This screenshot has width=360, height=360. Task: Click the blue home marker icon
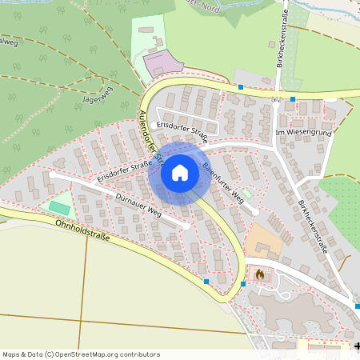click(x=179, y=173)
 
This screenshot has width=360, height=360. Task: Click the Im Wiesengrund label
click(x=302, y=131)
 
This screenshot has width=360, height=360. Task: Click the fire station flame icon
click(x=259, y=274)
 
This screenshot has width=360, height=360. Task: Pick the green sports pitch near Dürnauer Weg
click(x=59, y=207)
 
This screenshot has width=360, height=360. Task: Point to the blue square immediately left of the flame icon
click(x=243, y=283)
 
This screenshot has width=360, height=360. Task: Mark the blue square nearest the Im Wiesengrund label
click(x=293, y=99)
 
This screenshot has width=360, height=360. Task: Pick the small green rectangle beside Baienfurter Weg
click(x=247, y=193)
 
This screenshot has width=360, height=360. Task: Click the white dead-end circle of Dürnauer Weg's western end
click(x=52, y=173)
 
